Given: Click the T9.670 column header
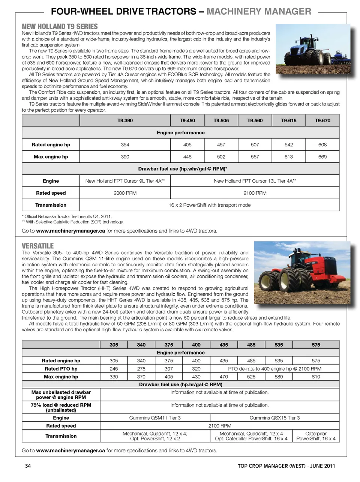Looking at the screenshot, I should pyautogui.click(x=322, y=120).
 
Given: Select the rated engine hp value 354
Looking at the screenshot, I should pyautogui.click(x=125, y=145).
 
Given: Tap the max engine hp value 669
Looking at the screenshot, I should pyautogui.click(x=322, y=157).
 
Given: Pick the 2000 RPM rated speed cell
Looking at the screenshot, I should pyautogui.click(x=125, y=193).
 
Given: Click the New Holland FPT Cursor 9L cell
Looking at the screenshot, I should pyautogui.click(x=125, y=181).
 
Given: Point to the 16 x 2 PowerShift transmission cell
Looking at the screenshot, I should pyautogui.click(x=209, y=205).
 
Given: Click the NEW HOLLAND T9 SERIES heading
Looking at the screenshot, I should pyautogui.click(x=60, y=26).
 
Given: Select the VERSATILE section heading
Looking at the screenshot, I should pyautogui.click(x=37, y=246).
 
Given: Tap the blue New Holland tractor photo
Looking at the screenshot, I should pyautogui.click(x=313, y=49).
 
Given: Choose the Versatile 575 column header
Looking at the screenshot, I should pyautogui.click(x=316, y=345).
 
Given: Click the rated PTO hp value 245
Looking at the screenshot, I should pyautogui.click(x=114, y=369).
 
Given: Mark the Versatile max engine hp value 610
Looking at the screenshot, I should pyautogui.click(x=316, y=377).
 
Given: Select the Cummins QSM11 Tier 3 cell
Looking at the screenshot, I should pyautogui.click(x=155, y=418).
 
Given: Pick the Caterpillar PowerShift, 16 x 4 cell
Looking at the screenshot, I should pyautogui.click(x=316, y=436).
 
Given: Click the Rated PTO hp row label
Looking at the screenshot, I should pyautogui.click(x=61, y=369).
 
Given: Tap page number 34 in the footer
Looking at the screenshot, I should pyautogui.click(x=28, y=466).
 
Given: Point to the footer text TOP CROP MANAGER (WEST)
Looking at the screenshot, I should pyautogui.click(x=272, y=466).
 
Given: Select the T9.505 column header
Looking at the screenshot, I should pyautogui.click(x=221, y=120).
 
